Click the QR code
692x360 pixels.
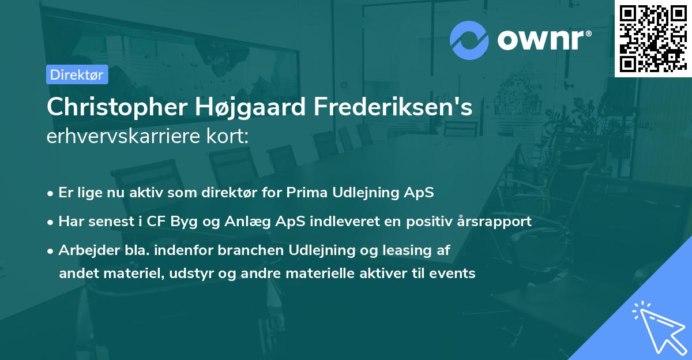[x=653, y=38]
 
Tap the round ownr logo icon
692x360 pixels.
[x=469, y=40]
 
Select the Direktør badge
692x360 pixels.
[x=77, y=74]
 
